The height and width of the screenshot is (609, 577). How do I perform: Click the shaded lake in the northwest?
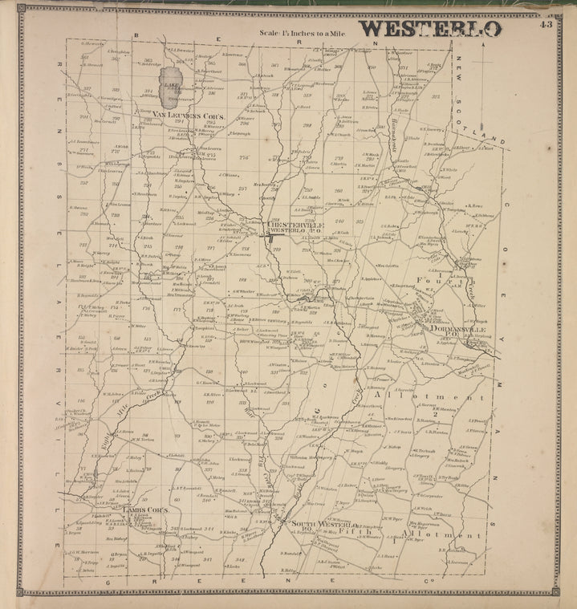(169, 95)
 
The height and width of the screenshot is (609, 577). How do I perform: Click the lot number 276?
(243, 157)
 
